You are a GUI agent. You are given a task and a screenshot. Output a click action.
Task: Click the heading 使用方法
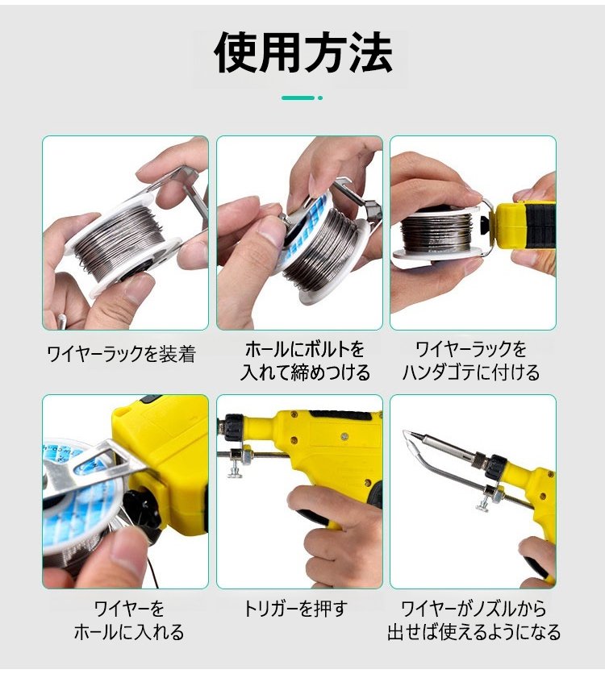[302, 54]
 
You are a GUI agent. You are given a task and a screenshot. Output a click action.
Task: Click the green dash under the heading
[298, 98]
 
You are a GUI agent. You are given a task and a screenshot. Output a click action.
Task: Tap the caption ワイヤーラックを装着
[122, 354]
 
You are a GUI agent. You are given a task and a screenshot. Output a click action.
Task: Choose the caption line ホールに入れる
[129, 632]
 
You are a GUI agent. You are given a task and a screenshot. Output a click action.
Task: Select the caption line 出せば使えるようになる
[474, 632]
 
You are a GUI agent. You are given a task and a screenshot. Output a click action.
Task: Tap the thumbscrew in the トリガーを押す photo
[236, 469]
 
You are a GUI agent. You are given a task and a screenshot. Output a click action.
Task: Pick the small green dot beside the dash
[320, 98]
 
